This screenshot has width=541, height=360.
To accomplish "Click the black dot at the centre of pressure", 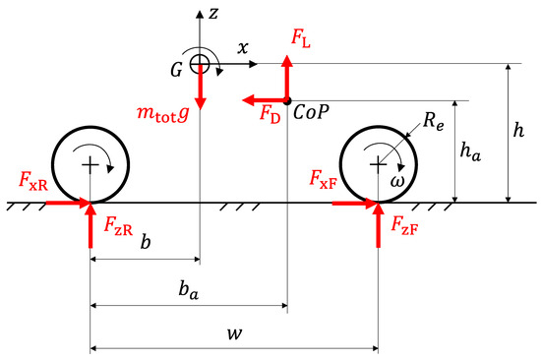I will point(286,100).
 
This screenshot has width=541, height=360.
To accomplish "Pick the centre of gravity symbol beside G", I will point(199,64).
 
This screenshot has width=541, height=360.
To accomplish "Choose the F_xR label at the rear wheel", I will point(33,180).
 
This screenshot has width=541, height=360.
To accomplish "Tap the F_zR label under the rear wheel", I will point(117,226).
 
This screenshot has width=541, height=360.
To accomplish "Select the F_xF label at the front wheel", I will point(326,181).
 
